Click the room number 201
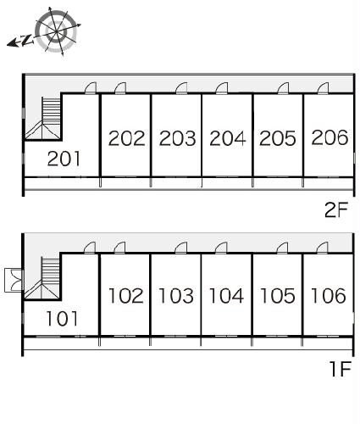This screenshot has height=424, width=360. click(64, 159)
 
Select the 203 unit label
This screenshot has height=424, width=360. click(177, 138)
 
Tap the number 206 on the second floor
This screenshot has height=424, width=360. click(330, 137)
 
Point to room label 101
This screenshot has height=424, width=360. click(62, 319)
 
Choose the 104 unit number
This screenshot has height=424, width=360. click(226, 296)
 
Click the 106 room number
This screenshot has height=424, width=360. click(328, 296)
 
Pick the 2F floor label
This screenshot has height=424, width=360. click(336, 210)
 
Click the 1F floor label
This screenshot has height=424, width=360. click(341, 369)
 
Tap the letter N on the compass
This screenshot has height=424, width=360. click(27, 40)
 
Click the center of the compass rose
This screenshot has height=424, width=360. click(56, 31)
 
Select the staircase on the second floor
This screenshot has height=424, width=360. click(43, 118)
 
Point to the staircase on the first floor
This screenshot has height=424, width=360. click(42, 278)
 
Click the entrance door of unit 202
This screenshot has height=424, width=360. click(120, 87)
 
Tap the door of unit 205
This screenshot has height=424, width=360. click(283, 88)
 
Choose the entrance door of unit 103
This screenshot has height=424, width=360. click(181, 248)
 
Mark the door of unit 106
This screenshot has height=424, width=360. click(322, 248)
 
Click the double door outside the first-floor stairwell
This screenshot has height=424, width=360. click(14, 280)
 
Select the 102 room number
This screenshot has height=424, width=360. click(126, 296)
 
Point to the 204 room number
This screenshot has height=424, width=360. click(228, 138)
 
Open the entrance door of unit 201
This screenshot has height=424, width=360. click(91, 87)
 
